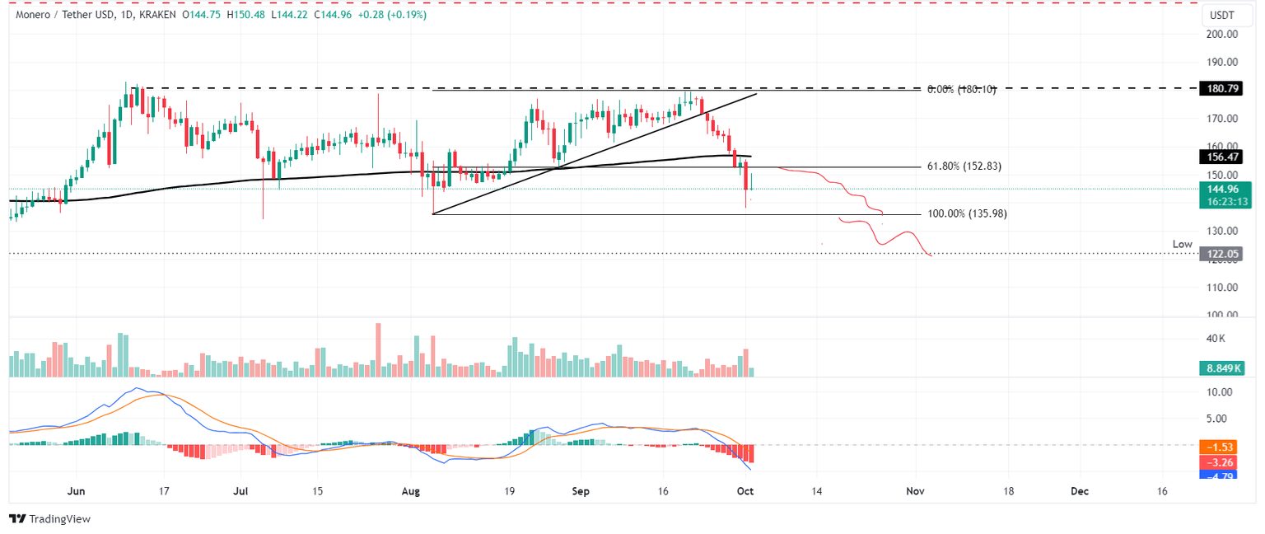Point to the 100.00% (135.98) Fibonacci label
[x=967, y=213]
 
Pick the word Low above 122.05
[x=1183, y=245]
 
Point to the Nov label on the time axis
[x=915, y=491]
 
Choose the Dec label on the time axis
[x=1079, y=491]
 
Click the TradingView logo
[x=49, y=519]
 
